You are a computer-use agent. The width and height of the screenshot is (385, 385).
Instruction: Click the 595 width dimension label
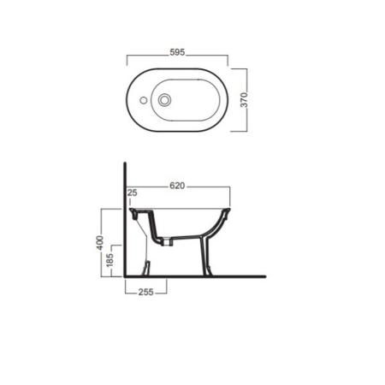click(177, 52)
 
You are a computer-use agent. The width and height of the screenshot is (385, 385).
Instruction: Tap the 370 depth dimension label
click(244, 99)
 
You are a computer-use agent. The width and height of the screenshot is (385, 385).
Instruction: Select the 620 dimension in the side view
click(177, 186)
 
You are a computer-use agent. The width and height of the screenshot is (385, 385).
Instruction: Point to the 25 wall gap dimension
click(133, 192)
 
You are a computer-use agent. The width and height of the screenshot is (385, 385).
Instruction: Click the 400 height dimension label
click(99, 243)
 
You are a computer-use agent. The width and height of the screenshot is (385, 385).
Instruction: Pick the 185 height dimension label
click(110, 259)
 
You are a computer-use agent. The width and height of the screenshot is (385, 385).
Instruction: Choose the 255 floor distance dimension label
click(146, 292)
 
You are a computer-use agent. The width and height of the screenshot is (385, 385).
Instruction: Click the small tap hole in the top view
click(144, 100)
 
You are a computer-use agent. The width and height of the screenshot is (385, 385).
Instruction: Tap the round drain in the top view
click(164, 100)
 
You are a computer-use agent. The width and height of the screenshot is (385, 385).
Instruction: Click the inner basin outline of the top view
click(186, 80)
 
